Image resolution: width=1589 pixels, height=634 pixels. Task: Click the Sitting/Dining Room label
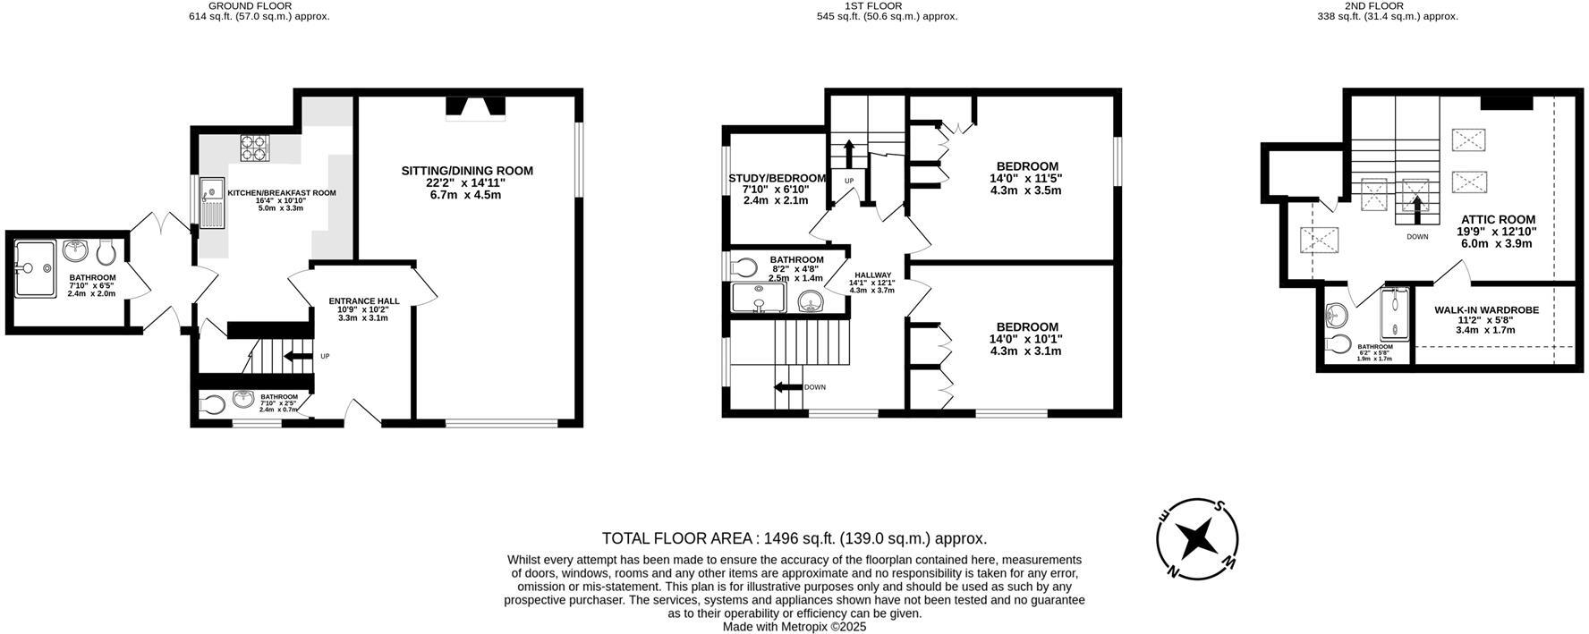tap(466, 171)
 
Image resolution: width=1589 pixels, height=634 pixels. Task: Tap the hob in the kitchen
tap(255, 147)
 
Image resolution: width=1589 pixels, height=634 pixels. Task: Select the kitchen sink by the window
tap(213, 202)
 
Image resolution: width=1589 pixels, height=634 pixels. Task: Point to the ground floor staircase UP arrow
tap(293, 357)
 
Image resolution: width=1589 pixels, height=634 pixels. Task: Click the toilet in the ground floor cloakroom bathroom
tap(211, 405)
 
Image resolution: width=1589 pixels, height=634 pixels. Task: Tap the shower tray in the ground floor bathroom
tap(35, 266)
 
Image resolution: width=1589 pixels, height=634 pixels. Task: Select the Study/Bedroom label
tap(777, 178)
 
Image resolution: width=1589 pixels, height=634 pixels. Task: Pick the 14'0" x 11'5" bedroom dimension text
tap(1027, 178)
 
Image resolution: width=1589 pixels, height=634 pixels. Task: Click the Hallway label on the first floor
tap(872, 275)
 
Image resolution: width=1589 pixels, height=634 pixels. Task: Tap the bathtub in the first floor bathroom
tap(759, 298)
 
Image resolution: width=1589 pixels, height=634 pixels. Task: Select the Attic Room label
tap(1498, 219)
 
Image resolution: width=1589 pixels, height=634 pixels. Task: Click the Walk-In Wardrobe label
tap(1486, 310)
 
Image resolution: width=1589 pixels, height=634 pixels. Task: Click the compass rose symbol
tap(1197, 539)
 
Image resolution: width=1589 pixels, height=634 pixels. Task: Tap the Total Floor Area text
tap(794, 538)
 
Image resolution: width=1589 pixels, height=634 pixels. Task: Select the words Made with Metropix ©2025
tap(794, 627)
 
